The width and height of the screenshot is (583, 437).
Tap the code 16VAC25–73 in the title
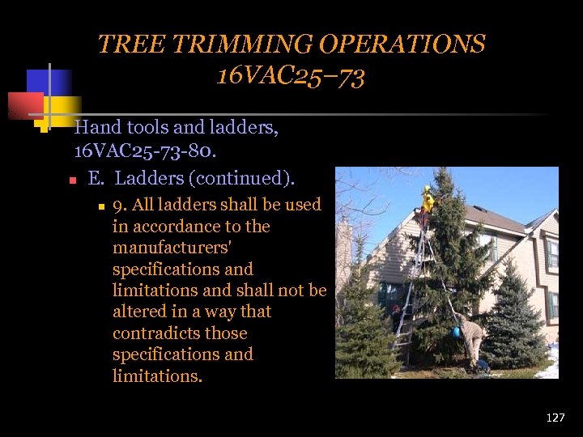point(291,76)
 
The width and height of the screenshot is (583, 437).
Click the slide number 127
point(555,418)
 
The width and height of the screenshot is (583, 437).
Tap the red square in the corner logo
point(25,106)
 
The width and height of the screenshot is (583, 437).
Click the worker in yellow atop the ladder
point(427,199)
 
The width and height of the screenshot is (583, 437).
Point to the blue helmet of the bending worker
point(456,332)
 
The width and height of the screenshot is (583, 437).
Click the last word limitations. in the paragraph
point(157,375)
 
